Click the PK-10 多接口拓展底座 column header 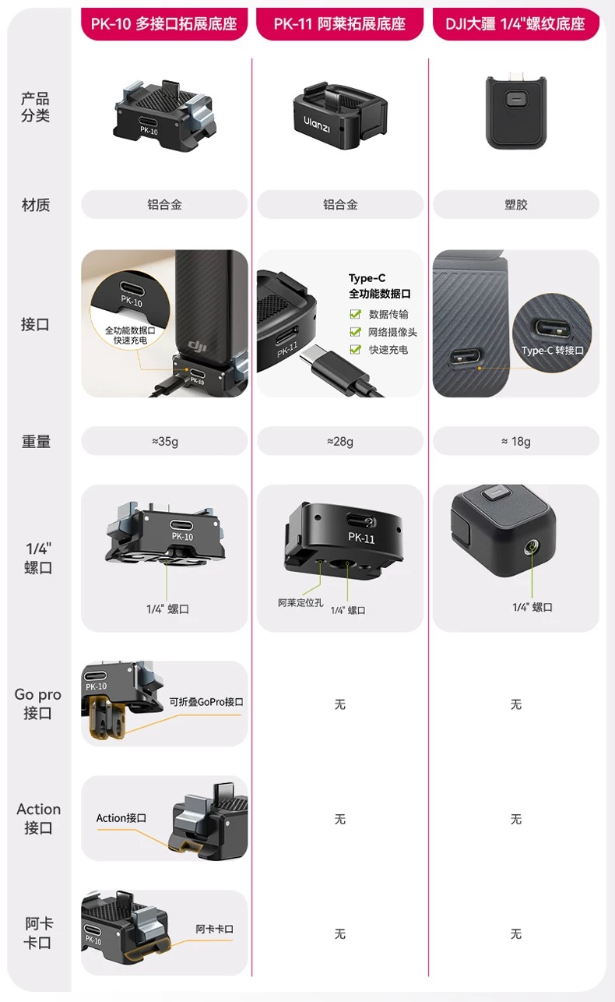163,23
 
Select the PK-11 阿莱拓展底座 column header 339,23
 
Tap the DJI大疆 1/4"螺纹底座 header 515,23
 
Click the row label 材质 36,205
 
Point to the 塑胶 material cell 515,205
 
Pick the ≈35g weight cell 164,442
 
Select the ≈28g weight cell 340,442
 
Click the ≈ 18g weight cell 515,442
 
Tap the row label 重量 36,442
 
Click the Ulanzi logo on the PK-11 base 317,123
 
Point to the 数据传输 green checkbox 355,315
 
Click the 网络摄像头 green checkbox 355,333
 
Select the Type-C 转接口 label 552,351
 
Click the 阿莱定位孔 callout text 300,602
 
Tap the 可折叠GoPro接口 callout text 206,701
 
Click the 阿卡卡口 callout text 214,929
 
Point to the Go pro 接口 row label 37,703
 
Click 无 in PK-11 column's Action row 340,819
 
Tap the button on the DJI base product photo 515,101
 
